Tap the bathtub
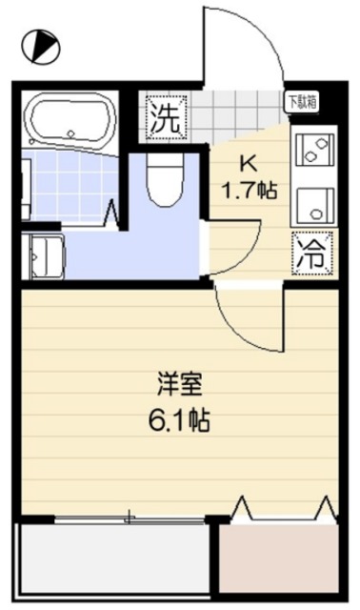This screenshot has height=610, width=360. click(x=70, y=121)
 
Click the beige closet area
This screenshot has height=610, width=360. click(x=278, y=557)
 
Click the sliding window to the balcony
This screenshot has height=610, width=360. click(x=129, y=518)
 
